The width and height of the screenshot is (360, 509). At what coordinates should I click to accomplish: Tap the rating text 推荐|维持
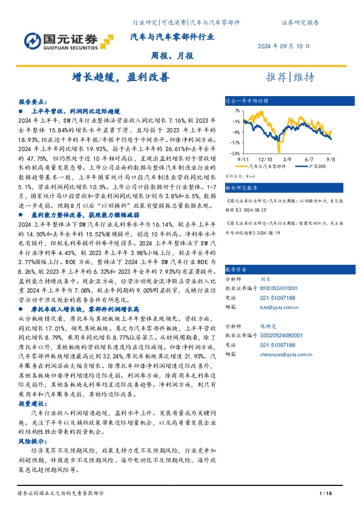[x=290, y=77]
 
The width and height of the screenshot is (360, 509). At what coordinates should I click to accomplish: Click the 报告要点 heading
[x=31, y=102]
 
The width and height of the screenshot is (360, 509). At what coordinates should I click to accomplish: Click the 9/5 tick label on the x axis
[x=332, y=158]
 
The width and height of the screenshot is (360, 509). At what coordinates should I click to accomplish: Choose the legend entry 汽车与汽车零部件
[x=266, y=165]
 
